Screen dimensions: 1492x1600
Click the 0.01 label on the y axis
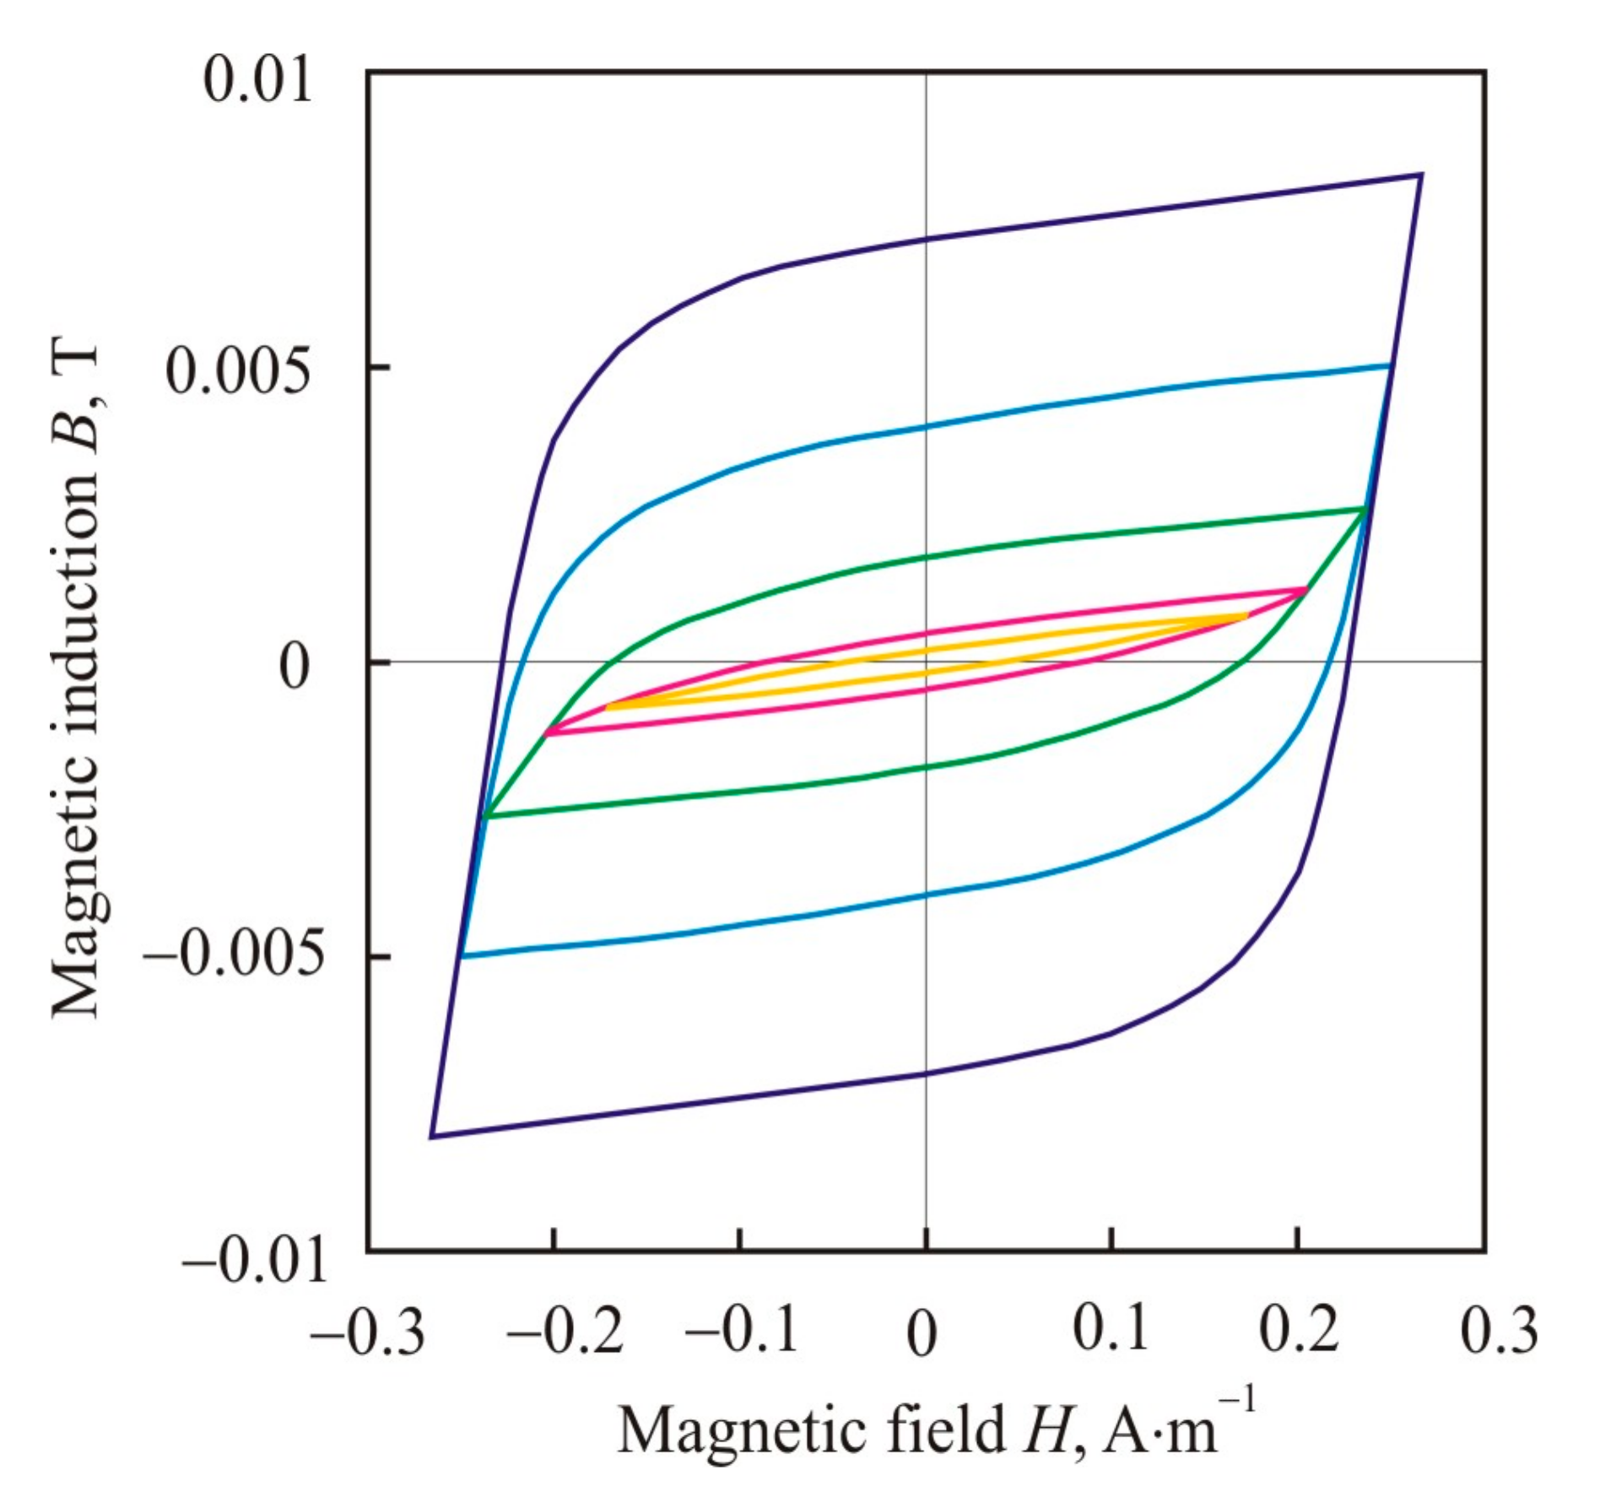tap(257, 83)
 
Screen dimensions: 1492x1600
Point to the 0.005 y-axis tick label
tap(238, 372)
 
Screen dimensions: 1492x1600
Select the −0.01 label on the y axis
tap(254, 1262)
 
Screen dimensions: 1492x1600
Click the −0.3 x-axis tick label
tap(367, 1331)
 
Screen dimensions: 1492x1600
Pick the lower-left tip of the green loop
tap(485, 816)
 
